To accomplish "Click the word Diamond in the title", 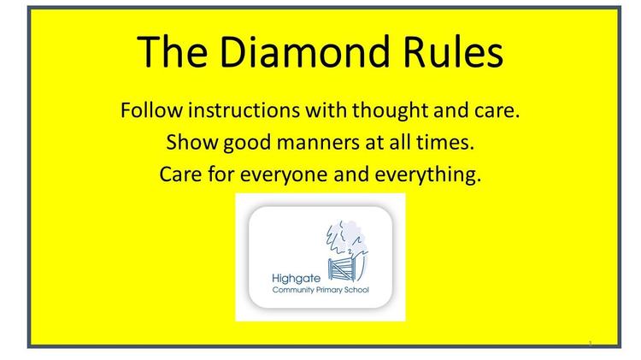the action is click(x=304, y=51).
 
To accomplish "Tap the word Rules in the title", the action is click(x=452, y=51).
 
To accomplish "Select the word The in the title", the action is click(x=172, y=51).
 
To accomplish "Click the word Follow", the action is click(x=151, y=110).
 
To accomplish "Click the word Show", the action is click(x=192, y=142).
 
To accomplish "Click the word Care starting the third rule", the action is click(x=180, y=174).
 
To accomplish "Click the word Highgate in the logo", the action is click(x=297, y=279).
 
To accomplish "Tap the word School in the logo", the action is click(x=357, y=290).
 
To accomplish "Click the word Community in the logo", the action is click(x=293, y=290).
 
